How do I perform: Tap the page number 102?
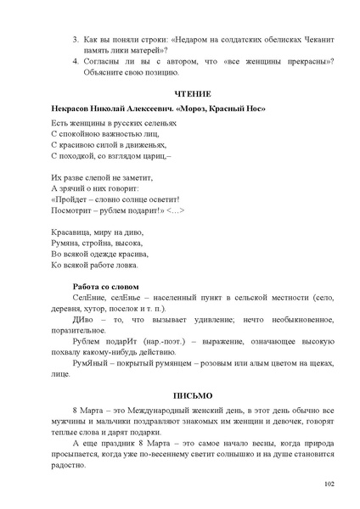click(329, 484)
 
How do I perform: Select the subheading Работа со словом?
click(105, 286)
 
